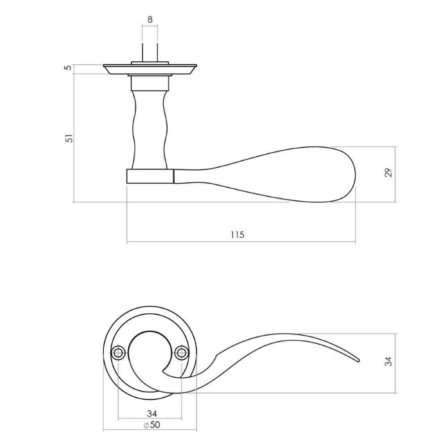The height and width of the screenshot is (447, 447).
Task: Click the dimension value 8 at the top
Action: pyautogui.click(x=150, y=19)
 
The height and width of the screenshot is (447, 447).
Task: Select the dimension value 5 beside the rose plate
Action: pyautogui.click(x=68, y=68)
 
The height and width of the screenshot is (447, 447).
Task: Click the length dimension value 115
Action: pyautogui.click(x=237, y=235)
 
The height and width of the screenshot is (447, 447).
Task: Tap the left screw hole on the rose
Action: pyautogui.click(x=118, y=353)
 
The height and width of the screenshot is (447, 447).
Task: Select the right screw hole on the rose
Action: pyautogui.click(x=181, y=353)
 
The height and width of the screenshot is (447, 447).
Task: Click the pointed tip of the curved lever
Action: pyautogui.click(x=357, y=360)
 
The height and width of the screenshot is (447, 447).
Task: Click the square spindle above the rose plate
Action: pyautogui.click(x=150, y=51)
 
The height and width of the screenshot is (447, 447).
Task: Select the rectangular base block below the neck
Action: pyautogui.click(x=150, y=176)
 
